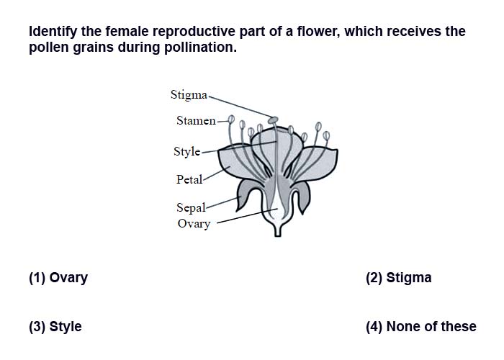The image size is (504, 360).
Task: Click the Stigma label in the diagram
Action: [189, 95]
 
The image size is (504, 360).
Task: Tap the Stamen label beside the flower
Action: [196, 120]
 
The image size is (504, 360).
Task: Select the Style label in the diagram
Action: [186, 151]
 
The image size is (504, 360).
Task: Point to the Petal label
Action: [189, 179]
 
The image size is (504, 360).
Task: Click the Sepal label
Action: [191, 207]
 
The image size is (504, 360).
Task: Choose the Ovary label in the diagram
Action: [194, 224]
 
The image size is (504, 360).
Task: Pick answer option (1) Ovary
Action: [58, 278]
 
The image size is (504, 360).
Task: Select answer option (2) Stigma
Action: [399, 278]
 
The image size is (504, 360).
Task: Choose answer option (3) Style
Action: [55, 327]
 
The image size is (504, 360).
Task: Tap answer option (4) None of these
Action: [421, 327]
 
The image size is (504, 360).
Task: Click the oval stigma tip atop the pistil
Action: [273, 120]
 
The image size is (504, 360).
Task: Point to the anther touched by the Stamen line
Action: [231, 120]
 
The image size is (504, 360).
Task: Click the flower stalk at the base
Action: [278, 230]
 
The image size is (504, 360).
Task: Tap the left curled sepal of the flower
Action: [246, 194]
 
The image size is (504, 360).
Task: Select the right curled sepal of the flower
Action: [302, 195]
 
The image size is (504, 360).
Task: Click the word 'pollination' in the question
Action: [200, 48]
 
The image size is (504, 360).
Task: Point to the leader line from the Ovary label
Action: [247, 216]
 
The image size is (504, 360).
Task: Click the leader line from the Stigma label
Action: [241, 106]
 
